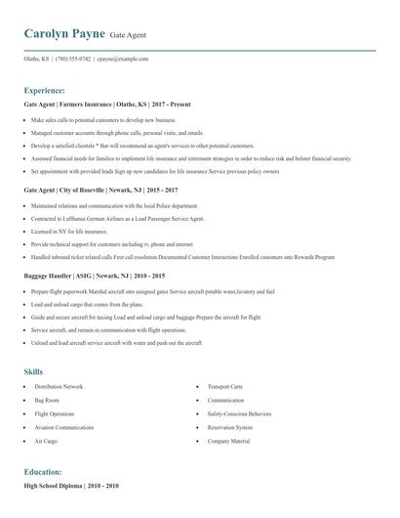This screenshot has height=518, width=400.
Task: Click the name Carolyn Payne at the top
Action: [x=63, y=35]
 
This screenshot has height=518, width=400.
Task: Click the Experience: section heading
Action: [x=45, y=89]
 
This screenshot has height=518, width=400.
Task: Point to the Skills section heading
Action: [x=33, y=371]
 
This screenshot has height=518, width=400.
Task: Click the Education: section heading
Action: [x=43, y=471]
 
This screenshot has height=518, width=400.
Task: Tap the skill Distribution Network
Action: [x=59, y=387]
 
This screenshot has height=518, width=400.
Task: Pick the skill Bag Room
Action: [x=47, y=401]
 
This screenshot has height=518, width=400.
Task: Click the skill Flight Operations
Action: [x=55, y=414]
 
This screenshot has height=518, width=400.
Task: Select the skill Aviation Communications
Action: [x=63, y=427]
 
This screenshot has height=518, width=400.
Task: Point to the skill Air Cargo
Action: [x=46, y=441]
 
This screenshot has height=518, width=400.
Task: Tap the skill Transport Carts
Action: [x=225, y=387]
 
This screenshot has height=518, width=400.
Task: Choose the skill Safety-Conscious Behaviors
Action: [x=240, y=414]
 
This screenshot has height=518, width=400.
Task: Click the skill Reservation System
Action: [x=229, y=427]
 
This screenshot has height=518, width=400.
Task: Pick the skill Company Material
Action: [x=228, y=441]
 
